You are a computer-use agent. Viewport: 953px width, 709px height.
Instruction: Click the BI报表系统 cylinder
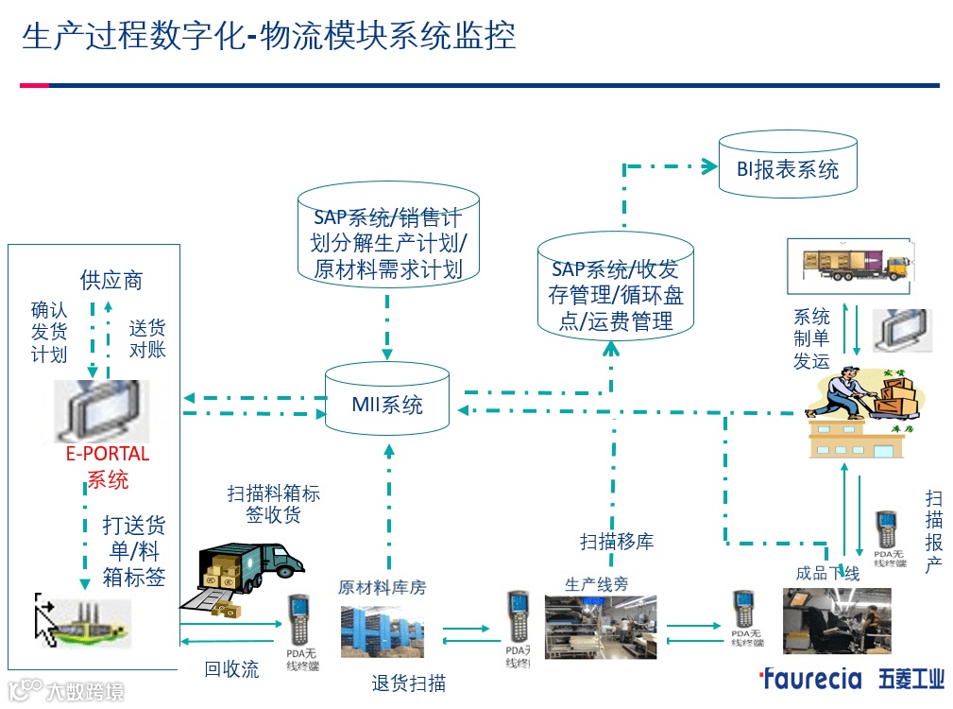(x=788, y=168)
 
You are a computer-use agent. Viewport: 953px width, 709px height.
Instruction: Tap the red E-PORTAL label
(x=107, y=454)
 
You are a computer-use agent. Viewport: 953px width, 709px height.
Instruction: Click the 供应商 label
(x=111, y=280)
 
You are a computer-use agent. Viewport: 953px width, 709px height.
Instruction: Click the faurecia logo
(x=810, y=679)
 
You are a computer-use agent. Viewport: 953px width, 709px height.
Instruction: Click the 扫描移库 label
(x=616, y=542)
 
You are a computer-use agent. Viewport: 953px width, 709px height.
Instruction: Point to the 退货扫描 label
(x=408, y=683)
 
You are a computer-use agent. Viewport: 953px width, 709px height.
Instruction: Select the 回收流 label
(x=231, y=669)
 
